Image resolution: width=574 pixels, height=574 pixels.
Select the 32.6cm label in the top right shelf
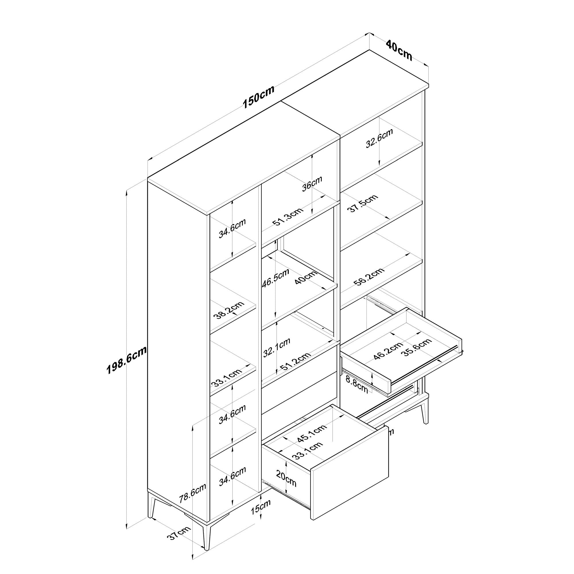click(379, 138)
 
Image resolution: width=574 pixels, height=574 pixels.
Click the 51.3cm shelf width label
click(288, 217)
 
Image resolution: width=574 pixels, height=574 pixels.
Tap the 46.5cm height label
click(276, 278)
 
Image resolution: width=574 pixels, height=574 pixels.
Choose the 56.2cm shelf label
click(369, 277)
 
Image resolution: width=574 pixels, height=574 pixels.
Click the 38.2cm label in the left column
click(229, 310)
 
